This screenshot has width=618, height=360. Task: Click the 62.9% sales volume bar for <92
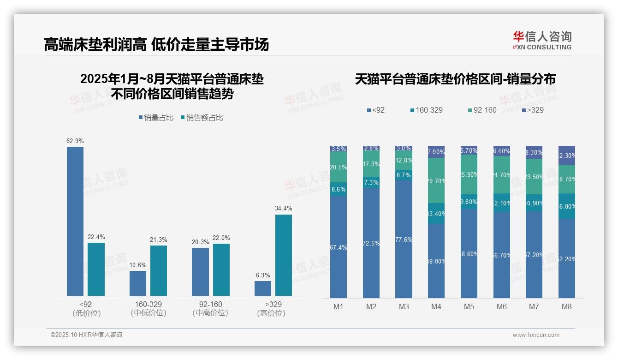(x=75, y=221)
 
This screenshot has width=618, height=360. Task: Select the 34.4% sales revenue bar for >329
(x=284, y=255)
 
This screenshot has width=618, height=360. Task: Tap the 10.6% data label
(x=138, y=265)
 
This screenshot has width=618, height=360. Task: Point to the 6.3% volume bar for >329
(x=263, y=288)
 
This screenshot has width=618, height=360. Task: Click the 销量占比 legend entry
(x=156, y=118)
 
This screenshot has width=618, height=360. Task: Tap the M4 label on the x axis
(x=436, y=306)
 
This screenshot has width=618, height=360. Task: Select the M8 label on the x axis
(x=567, y=306)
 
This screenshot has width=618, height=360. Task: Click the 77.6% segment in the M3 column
(x=404, y=239)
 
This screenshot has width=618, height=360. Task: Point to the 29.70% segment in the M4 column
(x=436, y=180)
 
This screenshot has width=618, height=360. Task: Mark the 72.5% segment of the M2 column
(x=371, y=243)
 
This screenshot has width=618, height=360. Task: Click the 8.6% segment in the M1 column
(x=339, y=189)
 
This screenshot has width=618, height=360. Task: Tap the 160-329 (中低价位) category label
(x=148, y=309)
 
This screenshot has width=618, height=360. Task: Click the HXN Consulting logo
(x=542, y=41)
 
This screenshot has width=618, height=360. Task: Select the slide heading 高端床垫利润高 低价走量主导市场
(x=156, y=45)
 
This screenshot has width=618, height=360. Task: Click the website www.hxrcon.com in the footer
(x=536, y=335)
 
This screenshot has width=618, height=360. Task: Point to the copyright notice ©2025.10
(x=86, y=335)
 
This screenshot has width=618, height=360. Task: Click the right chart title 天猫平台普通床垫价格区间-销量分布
(x=455, y=79)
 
